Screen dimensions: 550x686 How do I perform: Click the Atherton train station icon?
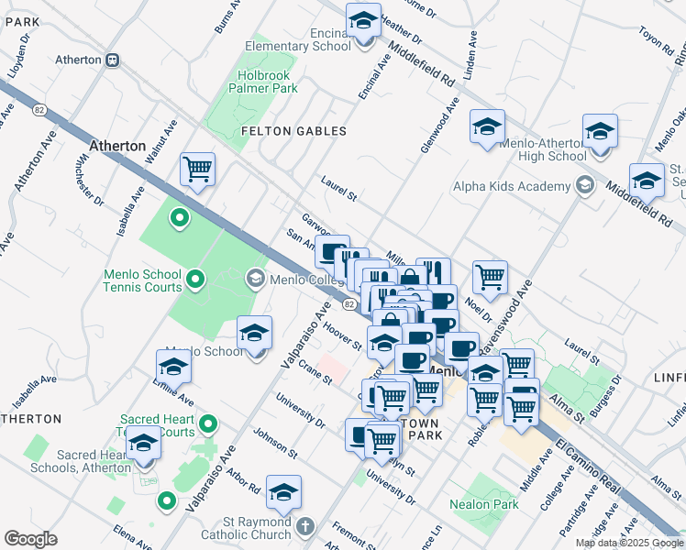[112, 60]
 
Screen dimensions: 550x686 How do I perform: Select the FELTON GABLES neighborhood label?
[293, 131]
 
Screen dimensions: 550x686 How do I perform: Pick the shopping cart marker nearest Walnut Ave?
[197, 170]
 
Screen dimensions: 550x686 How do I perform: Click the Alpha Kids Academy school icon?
[583, 187]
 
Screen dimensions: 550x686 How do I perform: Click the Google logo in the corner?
[30, 538]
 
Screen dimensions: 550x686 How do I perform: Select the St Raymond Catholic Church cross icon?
[305, 527]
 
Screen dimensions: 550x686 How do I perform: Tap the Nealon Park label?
[483, 504]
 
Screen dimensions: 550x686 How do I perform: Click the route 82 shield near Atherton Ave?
[39, 109]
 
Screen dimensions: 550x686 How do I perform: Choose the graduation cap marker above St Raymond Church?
[283, 492]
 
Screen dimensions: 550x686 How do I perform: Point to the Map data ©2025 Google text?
[629, 543]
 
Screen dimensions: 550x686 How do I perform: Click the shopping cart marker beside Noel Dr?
[491, 275]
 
